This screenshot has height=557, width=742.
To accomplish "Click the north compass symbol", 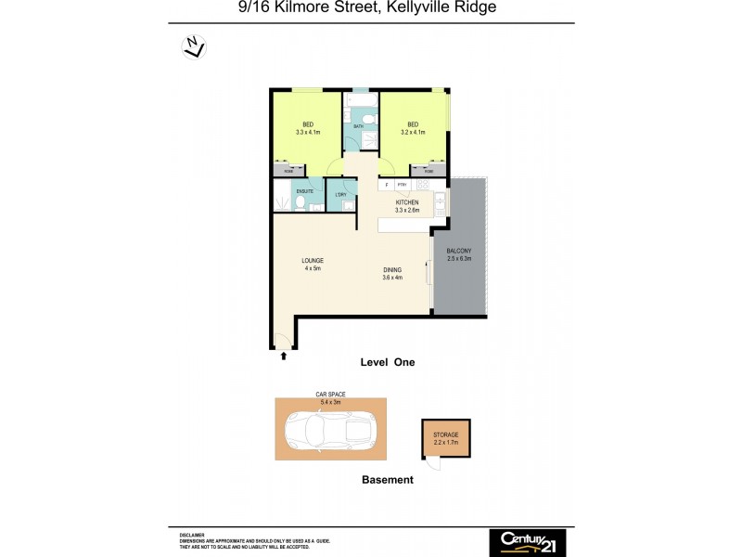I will pos(193,46).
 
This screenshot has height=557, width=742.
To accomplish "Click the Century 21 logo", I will pos(527,542).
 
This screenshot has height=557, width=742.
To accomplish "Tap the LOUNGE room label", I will pos(311,261).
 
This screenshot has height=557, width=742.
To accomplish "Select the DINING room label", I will pos(393,270).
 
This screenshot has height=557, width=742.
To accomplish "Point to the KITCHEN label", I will pos(407,202).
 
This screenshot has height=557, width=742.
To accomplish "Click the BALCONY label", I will pos(459,251).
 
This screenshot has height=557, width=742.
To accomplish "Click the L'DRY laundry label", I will pos(340,194).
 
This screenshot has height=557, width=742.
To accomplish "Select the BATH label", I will pos(358,125).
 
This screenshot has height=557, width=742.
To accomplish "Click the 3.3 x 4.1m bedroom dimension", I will pos(308,133).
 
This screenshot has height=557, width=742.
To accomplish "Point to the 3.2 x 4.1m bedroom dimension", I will pos(413,133).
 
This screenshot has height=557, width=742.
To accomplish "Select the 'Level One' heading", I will pos(387,363).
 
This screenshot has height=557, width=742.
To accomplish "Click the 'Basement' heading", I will pos(387,480).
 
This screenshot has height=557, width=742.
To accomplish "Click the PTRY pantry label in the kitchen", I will pos(403,185).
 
